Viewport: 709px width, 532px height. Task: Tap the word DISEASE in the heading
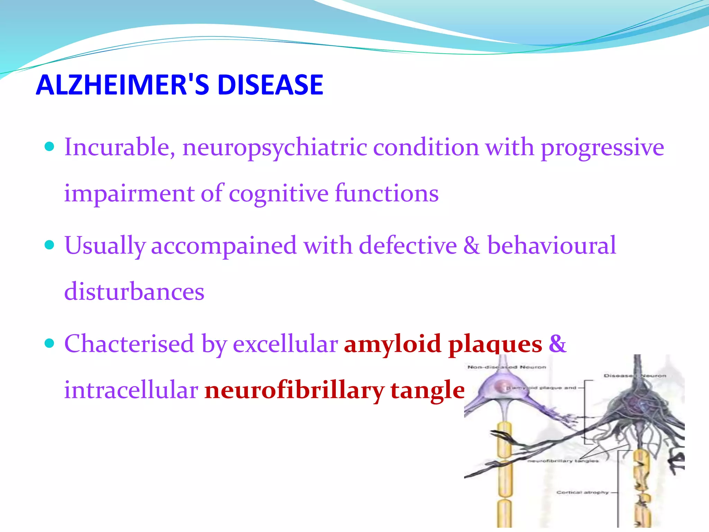pos(270,85)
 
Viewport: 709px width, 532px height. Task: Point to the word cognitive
pos(278,194)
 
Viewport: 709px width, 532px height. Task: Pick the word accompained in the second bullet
pos(224,246)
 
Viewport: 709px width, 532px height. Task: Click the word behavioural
pos(551,246)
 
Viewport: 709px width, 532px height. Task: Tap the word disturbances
pos(134,292)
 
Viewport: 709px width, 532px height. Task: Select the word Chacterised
pos(129,344)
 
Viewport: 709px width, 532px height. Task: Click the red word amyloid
pos(392,344)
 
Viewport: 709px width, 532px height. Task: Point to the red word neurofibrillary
pos(294,390)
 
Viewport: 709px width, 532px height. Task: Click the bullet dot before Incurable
pos(50,147)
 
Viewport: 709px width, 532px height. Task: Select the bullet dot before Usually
pos(50,245)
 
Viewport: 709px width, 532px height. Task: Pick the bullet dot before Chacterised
pos(50,343)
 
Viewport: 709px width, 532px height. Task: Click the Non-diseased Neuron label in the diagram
pos(506,367)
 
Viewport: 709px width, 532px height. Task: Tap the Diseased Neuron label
pos(635,375)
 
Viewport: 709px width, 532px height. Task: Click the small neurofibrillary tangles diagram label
pos(563,461)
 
